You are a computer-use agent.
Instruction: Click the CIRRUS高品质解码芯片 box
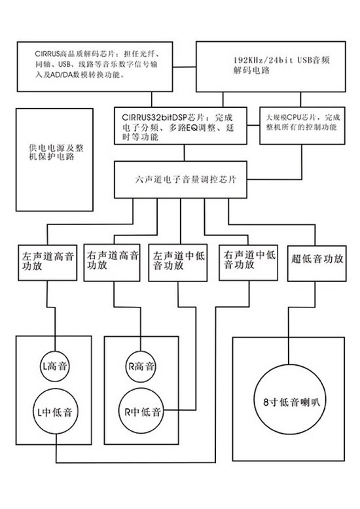click(x=95, y=67)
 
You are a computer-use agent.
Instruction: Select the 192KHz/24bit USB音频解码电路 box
click(x=271, y=67)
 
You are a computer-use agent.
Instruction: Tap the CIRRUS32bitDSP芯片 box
click(x=181, y=126)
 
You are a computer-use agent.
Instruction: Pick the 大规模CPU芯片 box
click(x=302, y=126)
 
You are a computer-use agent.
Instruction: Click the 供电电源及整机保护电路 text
click(x=56, y=152)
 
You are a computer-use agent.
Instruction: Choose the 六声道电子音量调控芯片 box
click(x=181, y=179)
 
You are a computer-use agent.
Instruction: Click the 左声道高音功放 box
click(x=47, y=262)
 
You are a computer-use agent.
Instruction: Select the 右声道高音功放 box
click(x=112, y=262)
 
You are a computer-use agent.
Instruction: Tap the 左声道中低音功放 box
click(x=178, y=262)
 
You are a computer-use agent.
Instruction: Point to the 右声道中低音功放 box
click(x=249, y=262)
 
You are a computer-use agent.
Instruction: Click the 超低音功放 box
click(x=317, y=263)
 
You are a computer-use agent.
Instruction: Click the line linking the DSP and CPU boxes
click(x=253, y=126)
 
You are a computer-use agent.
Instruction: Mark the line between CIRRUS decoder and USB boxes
click(x=185, y=67)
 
